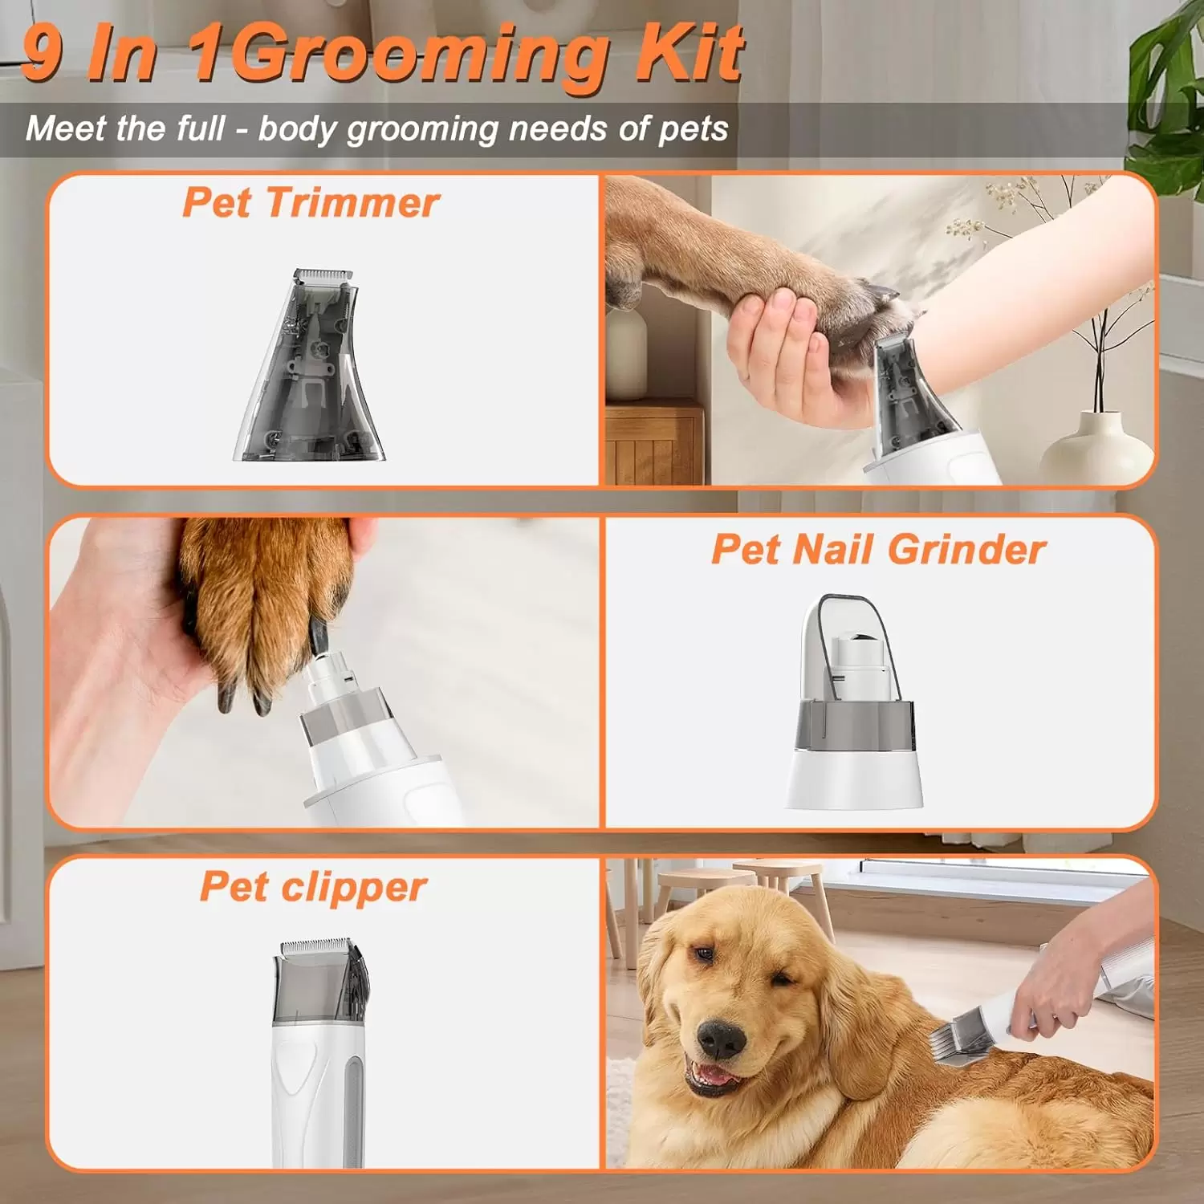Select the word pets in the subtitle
pyautogui.click(x=694, y=130)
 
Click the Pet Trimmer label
pyautogui.click(x=311, y=201)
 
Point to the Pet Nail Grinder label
pyautogui.click(x=878, y=550)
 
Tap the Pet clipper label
pyautogui.click(x=313, y=888)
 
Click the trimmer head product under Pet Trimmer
pyautogui.click(x=310, y=365)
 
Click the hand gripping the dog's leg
pyautogui.click(x=783, y=353)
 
